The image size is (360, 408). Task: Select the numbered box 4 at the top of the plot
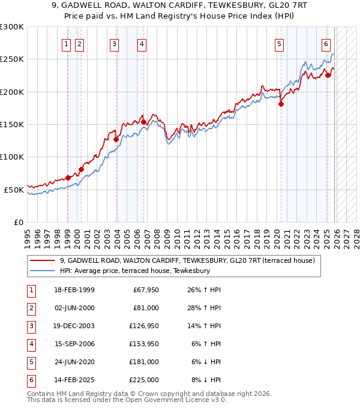(x=142, y=43)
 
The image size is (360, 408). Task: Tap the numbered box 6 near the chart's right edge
(x=326, y=43)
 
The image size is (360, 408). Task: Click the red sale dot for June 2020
(x=281, y=104)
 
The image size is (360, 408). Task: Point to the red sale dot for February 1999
(x=68, y=178)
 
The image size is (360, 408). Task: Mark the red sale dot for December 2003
(x=116, y=139)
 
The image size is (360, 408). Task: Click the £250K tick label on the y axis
(x=12, y=59)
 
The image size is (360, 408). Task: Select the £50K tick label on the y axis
(x=14, y=190)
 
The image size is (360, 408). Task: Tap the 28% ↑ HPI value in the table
(x=207, y=308)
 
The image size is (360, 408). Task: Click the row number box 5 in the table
(x=30, y=362)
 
